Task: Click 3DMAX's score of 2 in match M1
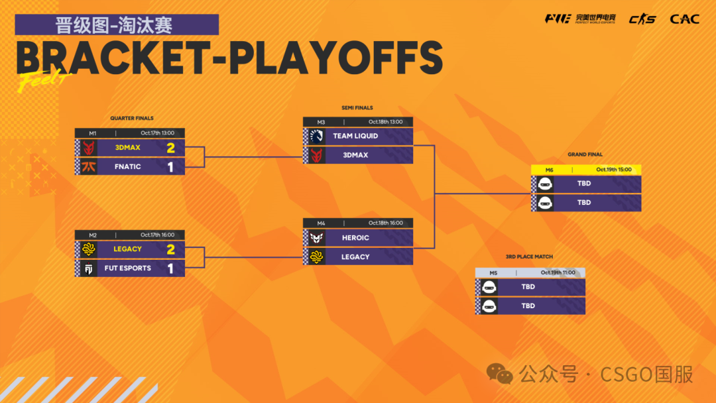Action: [171, 148]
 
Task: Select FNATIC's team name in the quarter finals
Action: [127, 166]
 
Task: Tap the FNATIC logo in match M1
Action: [89, 166]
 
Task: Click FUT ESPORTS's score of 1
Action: [171, 268]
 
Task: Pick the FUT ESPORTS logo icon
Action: [89, 268]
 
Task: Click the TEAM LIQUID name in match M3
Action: [355, 136]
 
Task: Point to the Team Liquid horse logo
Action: [316, 136]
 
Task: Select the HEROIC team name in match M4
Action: [355, 238]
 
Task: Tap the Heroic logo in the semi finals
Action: [316, 238]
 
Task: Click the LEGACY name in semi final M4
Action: [355, 257]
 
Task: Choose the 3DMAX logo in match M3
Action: [316, 155]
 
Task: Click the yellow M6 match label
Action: [550, 170]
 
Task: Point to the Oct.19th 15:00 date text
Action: [614, 169]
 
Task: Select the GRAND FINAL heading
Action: [585, 154]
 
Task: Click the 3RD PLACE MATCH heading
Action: [529, 257]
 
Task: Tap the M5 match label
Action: [493, 273]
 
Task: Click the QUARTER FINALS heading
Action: [131, 118]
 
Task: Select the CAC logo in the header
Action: [684, 19]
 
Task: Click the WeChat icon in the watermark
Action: [500, 374]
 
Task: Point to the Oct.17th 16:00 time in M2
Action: [157, 235]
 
